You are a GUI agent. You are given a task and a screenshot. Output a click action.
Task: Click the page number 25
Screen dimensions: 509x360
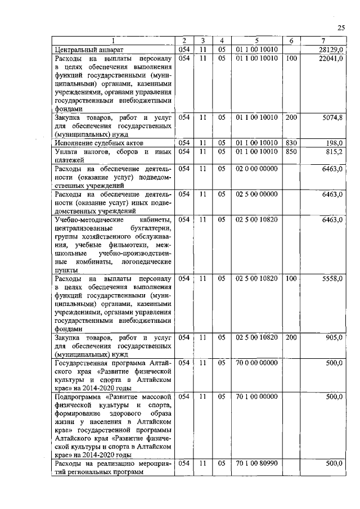tap(341, 28)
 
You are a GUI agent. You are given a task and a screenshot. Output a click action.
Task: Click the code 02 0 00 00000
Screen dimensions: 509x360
tap(256, 168)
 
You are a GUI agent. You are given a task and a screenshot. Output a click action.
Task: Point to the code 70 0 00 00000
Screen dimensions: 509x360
tap(256, 363)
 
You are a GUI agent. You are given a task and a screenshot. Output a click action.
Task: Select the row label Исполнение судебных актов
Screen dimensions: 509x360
tap(93, 143)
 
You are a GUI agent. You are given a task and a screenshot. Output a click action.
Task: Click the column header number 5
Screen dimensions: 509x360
tap(256, 40)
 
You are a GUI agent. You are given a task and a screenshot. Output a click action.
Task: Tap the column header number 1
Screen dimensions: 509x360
tap(113, 40)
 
